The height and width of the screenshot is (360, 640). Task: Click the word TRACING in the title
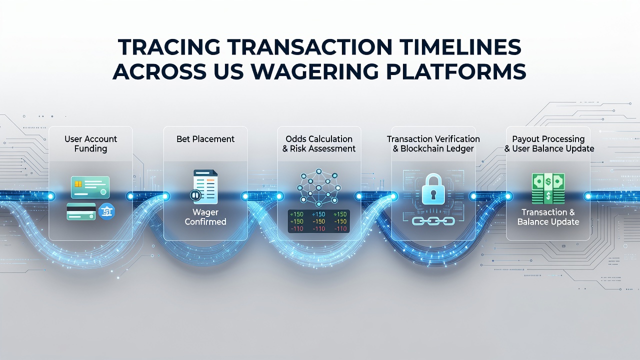169,46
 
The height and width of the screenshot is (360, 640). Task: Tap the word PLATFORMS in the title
456,71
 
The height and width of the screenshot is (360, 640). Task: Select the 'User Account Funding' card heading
90,143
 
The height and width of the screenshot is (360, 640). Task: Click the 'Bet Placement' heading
205,139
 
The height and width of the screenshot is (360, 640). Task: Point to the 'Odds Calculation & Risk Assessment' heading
319,143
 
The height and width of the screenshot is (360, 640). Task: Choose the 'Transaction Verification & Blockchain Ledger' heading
433,143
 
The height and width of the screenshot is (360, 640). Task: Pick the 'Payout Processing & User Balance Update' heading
548,143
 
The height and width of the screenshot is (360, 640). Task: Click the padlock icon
433,189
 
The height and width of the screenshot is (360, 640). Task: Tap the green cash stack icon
548,188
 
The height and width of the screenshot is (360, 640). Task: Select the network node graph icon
319,187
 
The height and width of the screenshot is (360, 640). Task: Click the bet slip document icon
204,186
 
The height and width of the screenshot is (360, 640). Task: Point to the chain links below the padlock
433,221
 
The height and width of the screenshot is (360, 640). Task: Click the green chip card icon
90,187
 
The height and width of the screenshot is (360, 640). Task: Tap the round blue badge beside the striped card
106,211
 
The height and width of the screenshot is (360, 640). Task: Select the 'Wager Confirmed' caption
205,217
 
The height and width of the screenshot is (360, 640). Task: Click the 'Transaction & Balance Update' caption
548,217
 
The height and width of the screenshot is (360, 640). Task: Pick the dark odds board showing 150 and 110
318,221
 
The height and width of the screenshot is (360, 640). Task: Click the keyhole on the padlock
433,195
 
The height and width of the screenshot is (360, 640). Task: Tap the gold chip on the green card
77,184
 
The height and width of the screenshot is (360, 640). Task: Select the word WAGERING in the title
315,71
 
